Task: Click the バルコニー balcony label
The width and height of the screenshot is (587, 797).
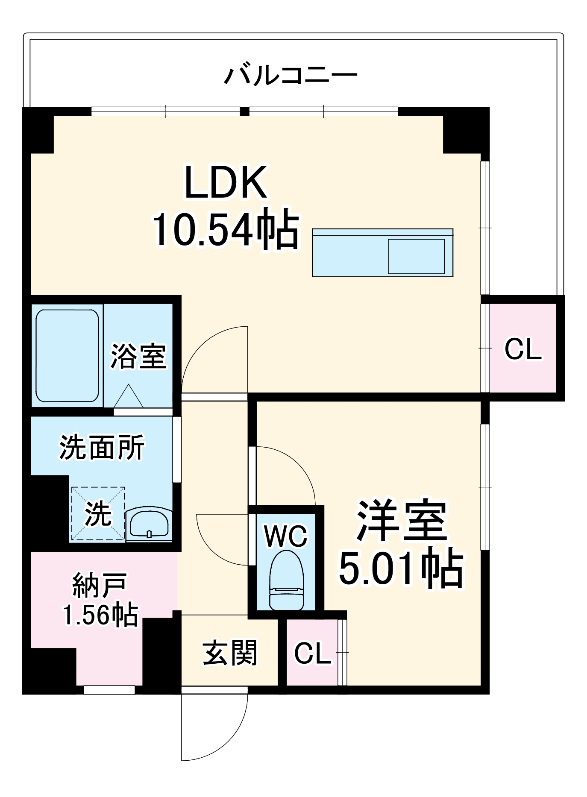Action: tap(291, 75)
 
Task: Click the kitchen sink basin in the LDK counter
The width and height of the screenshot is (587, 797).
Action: tap(416, 256)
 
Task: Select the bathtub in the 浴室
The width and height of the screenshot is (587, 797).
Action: tap(67, 355)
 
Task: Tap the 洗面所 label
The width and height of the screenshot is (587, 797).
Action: tap(102, 448)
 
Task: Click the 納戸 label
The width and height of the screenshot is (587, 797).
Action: tap(100, 586)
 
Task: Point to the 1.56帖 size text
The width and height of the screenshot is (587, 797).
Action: tap(100, 615)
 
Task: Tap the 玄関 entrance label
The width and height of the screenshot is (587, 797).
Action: tap(229, 653)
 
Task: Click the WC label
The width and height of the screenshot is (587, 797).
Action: tap(286, 536)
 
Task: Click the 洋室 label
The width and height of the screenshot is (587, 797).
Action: tap(402, 520)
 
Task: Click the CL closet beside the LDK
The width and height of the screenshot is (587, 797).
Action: tap(522, 349)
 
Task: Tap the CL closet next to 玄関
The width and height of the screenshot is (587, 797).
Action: tap(312, 653)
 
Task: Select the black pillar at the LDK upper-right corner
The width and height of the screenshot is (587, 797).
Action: tap(466, 130)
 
